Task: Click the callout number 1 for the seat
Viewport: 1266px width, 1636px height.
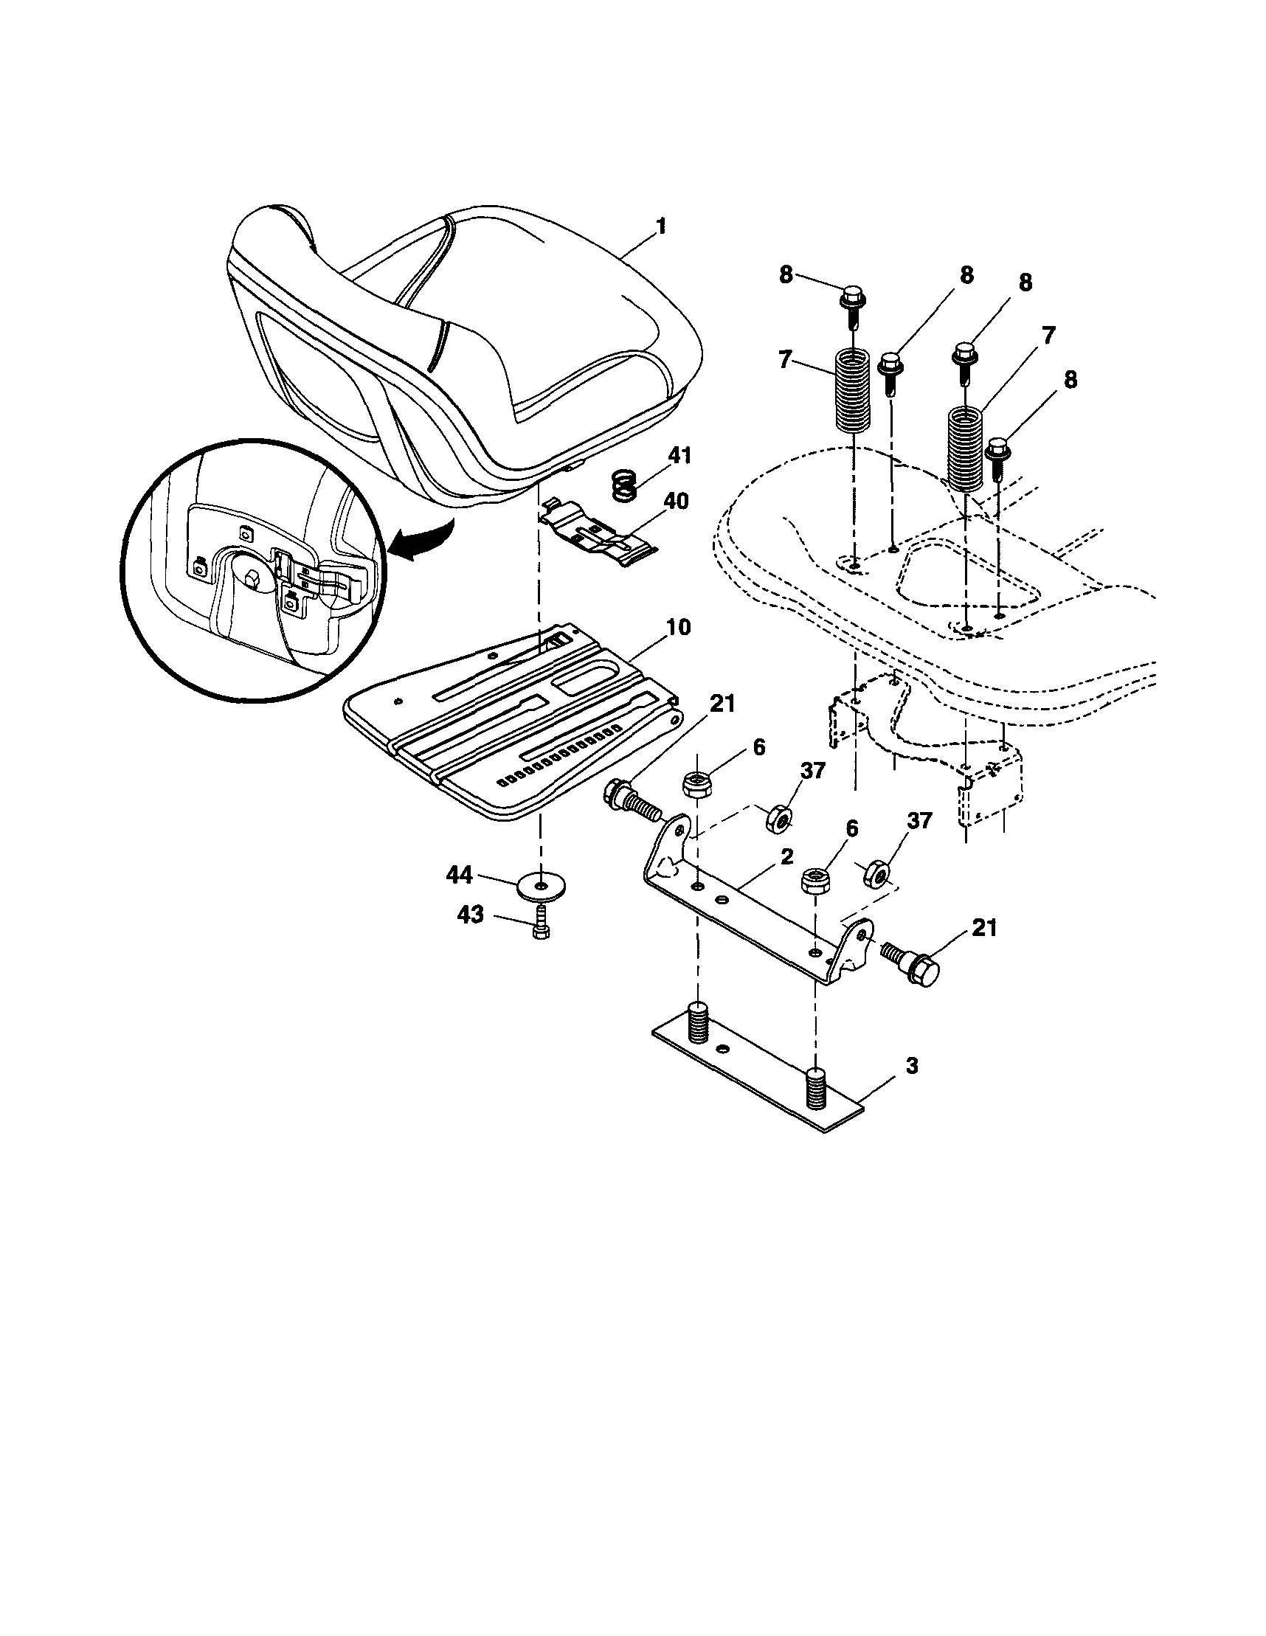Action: click(x=661, y=226)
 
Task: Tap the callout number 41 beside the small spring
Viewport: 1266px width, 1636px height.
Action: click(x=679, y=455)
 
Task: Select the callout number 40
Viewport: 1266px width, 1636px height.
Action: click(x=676, y=500)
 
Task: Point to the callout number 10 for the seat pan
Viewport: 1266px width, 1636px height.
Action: click(x=678, y=627)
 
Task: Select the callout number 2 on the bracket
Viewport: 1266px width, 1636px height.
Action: click(x=786, y=858)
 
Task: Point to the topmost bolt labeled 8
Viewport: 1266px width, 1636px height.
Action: click(x=854, y=303)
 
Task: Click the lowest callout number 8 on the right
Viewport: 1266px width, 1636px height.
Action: click(x=1070, y=380)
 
